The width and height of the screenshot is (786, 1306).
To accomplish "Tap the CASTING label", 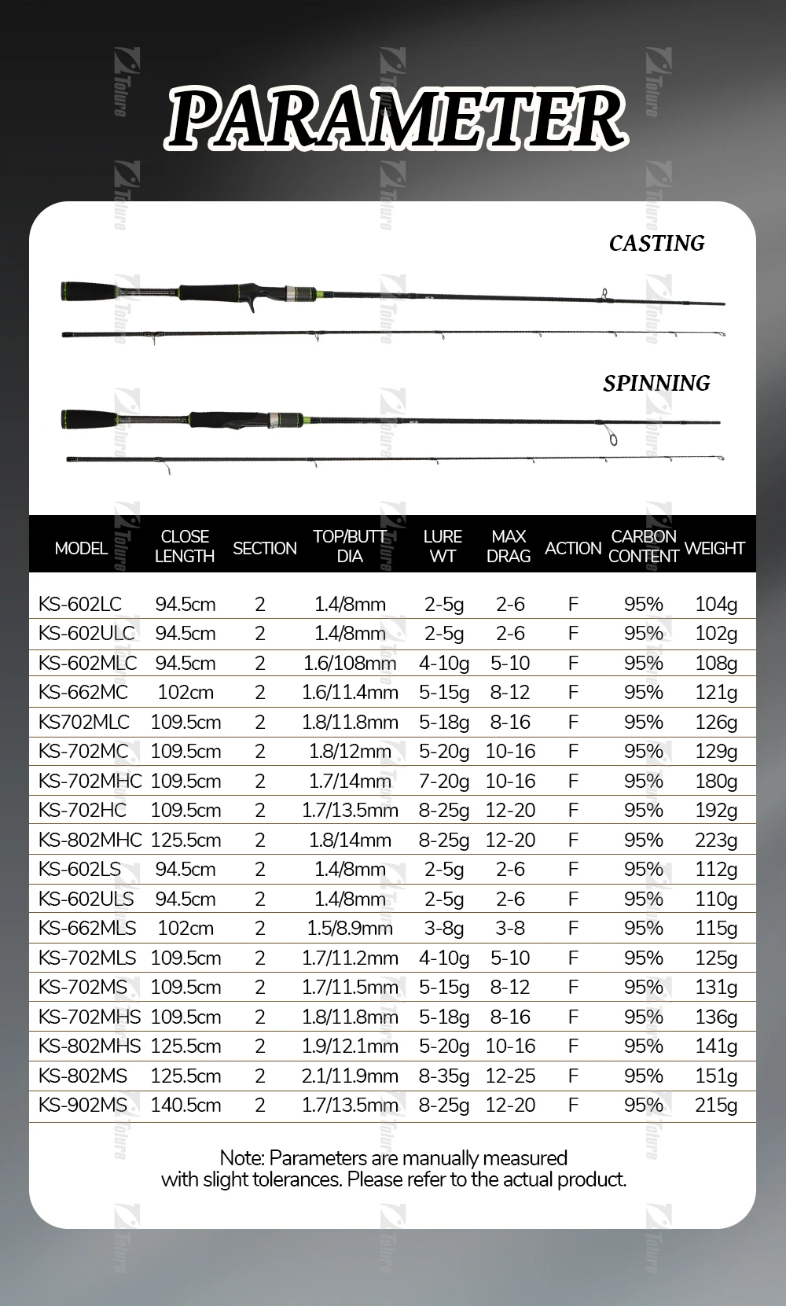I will [x=656, y=243].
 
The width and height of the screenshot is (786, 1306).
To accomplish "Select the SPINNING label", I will [x=656, y=383].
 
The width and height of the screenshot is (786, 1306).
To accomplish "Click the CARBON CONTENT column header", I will [x=643, y=546].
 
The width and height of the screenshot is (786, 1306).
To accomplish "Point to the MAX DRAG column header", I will [x=509, y=546].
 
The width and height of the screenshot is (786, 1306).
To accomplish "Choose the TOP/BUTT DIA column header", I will [x=350, y=546].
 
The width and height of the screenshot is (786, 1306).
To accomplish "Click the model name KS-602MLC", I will [x=87, y=663].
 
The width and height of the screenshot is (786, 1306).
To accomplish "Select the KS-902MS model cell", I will [x=83, y=1105].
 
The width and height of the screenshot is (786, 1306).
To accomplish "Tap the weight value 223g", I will [x=716, y=840].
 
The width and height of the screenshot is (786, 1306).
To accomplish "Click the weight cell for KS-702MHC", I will [x=716, y=781].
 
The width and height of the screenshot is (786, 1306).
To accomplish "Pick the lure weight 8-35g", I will [x=444, y=1076].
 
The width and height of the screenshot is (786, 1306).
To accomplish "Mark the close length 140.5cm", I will [x=185, y=1105].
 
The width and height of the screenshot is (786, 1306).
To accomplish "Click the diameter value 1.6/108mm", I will [x=350, y=663].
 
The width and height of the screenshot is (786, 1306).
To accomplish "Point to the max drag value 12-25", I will [x=510, y=1076].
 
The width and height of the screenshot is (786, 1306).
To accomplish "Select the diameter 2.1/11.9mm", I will [x=350, y=1076].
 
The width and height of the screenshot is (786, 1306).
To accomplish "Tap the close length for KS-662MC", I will [x=185, y=692].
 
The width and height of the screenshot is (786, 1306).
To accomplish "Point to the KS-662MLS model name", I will [x=87, y=928].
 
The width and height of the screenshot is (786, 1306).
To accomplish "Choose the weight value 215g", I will [x=716, y=1105].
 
